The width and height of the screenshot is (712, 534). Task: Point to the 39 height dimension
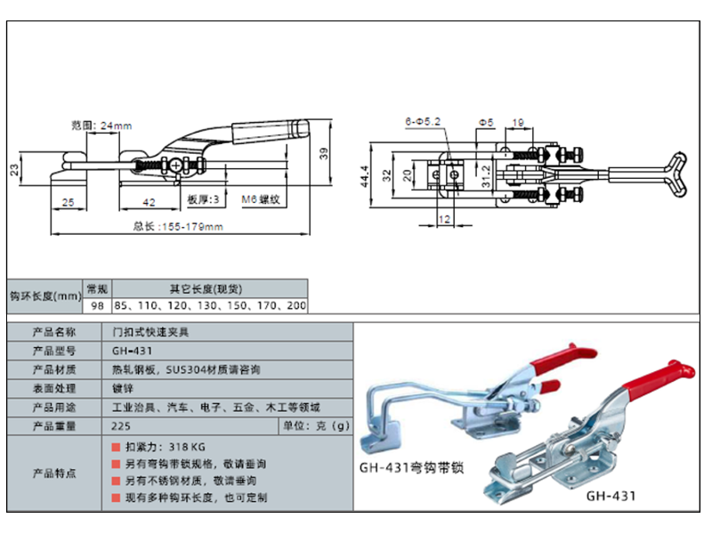pyautogui.click(x=324, y=154)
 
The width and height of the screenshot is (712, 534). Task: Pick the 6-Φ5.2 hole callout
pyautogui.click(x=423, y=118)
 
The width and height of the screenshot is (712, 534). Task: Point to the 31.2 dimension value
pyautogui.click(x=485, y=171)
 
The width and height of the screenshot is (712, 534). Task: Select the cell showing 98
pyautogui.click(x=96, y=304)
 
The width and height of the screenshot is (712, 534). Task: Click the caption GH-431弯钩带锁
pyautogui.click(x=413, y=467)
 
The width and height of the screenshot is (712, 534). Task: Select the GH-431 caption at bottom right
pyautogui.click(x=611, y=496)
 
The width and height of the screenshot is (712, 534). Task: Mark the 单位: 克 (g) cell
pyautogui.click(x=317, y=425)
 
